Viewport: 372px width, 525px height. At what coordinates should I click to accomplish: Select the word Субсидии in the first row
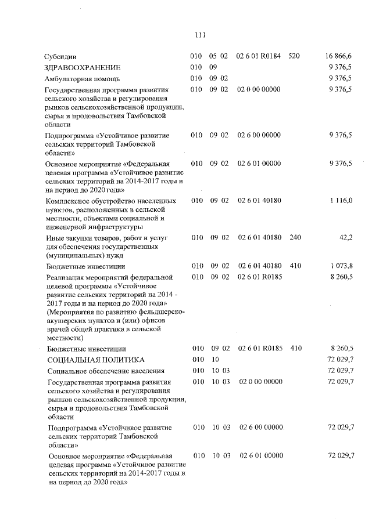(x=60, y=57)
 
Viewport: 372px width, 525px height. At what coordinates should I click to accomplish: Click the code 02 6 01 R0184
(x=259, y=56)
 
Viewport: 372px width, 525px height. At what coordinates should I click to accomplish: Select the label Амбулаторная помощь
(x=83, y=79)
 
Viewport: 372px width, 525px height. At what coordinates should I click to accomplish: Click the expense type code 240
(x=295, y=237)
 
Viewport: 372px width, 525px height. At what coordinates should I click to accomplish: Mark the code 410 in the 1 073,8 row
(x=295, y=266)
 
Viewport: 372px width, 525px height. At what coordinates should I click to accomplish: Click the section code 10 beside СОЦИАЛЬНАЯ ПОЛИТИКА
(x=214, y=360)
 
